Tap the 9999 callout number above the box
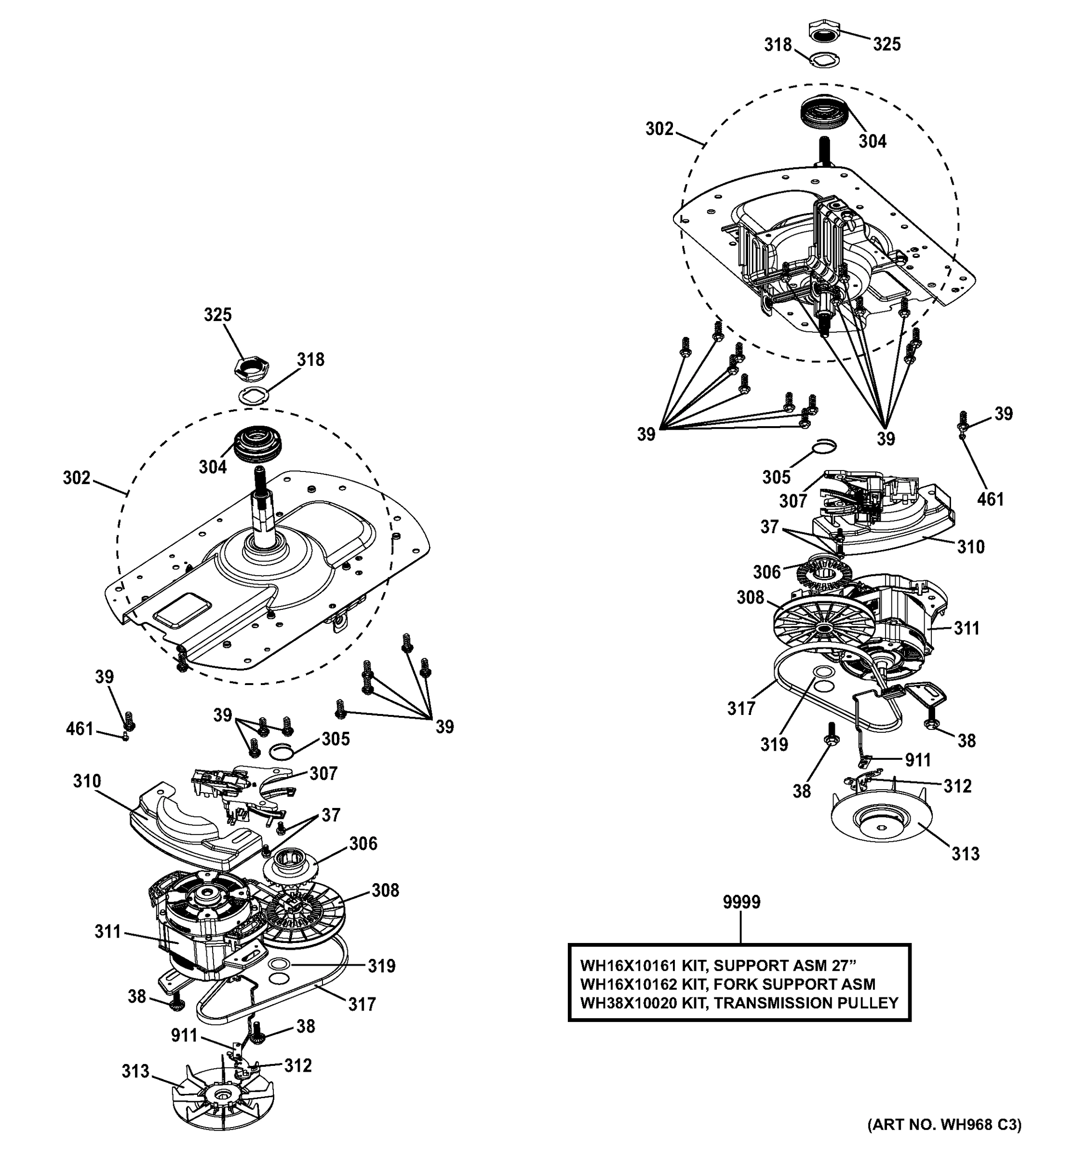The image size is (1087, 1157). [741, 902]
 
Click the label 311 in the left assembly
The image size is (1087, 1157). [108, 932]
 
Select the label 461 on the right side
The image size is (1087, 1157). [991, 499]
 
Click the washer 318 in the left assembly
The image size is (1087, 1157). [255, 395]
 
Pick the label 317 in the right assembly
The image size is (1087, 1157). [741, 708]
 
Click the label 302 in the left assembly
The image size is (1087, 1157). [77, 478]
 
